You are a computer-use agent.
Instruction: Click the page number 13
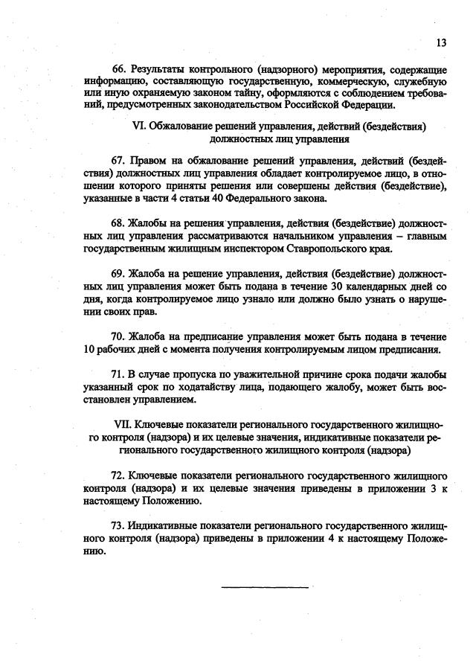(x=440, y=42)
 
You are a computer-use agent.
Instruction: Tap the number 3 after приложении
(x=419, y=488)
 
